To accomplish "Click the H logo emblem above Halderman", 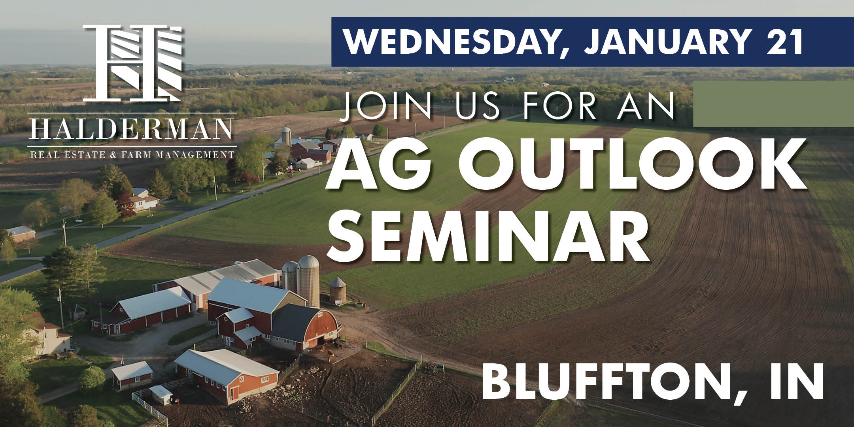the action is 133,62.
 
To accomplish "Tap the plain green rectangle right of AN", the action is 773,104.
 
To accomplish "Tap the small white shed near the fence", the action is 161,395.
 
